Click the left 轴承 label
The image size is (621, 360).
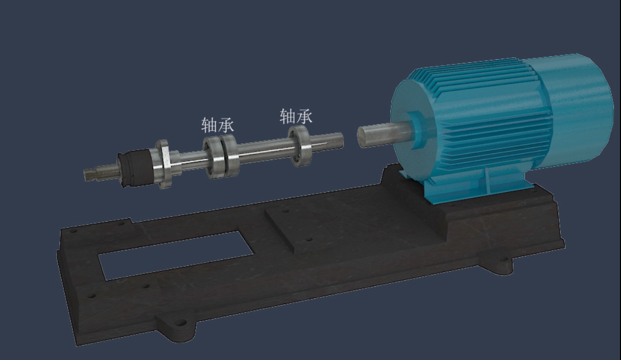(218, 125)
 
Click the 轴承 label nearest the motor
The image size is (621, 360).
(296, 116)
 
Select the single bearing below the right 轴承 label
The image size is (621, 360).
(299, 146)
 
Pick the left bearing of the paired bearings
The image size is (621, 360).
(214, 157)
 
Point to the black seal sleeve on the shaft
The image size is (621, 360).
(135, 167)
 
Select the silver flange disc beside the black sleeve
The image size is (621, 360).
(163, 164)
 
